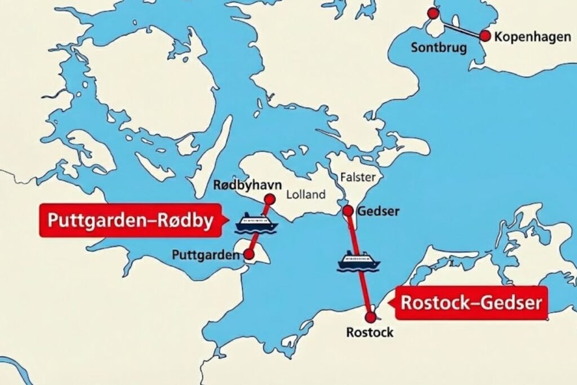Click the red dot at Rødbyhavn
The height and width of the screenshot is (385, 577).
pyautogui.click(x=269, y=198)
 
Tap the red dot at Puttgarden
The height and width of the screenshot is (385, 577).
pyautogui.click(x=249, y=255)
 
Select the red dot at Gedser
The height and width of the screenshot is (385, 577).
pyautogui.click(x=348, y=211)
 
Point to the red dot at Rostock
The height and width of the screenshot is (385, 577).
pyautogui.click(x=370, y=317)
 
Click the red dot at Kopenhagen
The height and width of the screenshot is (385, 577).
pyautogui.click(x=485, y=36)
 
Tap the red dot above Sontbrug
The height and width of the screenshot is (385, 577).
pyautogui.click(x=433, y=14)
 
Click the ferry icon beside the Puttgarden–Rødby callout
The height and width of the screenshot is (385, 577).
pyautogui.click(x=257, y=223)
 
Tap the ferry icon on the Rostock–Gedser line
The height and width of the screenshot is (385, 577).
pyautogui.click(x=358, y=261)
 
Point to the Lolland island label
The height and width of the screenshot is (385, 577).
pyautogui.click(x=306, y=195)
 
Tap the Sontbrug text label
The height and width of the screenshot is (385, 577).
pyautogui.click(x=439, y=47)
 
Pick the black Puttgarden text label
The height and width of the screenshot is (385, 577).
pyautogui.click(x=203, y=255)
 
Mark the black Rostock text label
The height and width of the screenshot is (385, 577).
pyautogui.click(x=370, y=333)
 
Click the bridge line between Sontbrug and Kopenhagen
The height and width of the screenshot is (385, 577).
pyautogui.click(x=459, y=25)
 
